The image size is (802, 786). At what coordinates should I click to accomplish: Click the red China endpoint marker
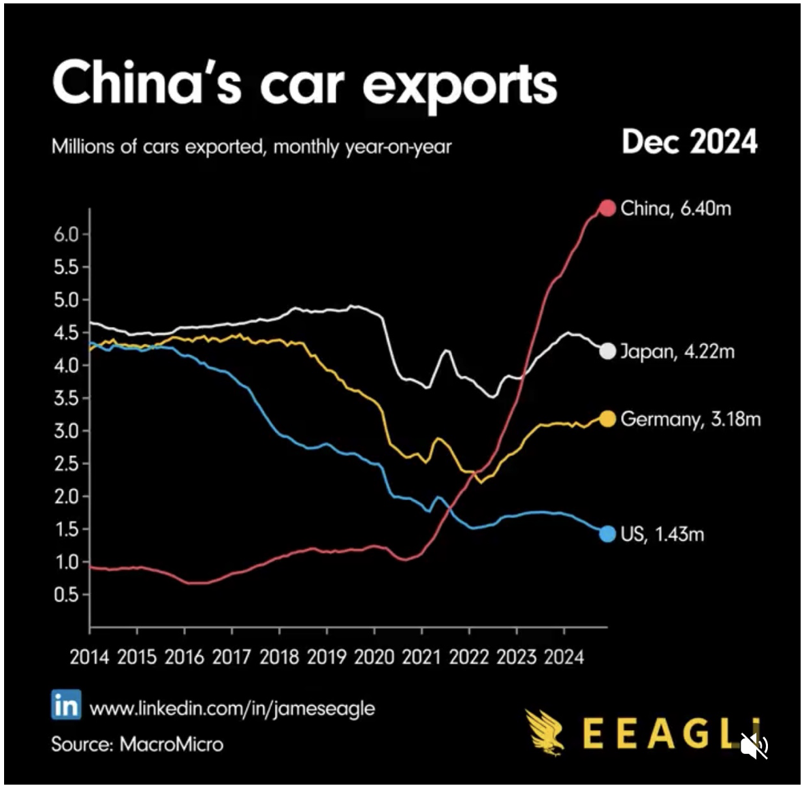point(607,208)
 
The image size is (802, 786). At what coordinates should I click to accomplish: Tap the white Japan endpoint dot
point(607,351)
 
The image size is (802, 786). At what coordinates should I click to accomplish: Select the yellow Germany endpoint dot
point(607,419)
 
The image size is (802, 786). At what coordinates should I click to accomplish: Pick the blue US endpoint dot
point(607,533)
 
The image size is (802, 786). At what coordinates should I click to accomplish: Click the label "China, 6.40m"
point(675,208)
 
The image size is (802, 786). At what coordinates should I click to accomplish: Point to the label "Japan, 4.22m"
point(677,351)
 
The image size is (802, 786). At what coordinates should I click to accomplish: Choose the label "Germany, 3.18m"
point(690,419)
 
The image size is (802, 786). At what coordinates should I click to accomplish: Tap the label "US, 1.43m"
point(662,533)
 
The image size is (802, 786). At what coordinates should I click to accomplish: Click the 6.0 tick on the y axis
point(66,234)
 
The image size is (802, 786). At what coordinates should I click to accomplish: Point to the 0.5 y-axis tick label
point(66,595)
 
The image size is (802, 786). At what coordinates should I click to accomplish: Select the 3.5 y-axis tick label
point(66,398)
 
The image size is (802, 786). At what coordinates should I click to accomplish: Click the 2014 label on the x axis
point(90,657)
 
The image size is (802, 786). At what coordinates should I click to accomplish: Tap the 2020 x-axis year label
point(374,657)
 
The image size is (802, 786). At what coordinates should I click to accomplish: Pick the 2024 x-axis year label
point(563,657)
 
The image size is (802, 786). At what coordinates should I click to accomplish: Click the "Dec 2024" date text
point(689,142)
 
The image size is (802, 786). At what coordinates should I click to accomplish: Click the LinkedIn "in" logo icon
point(66,705)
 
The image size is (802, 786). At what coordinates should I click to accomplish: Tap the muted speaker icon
point(754,746)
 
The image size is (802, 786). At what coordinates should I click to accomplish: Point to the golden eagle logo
point(545,732)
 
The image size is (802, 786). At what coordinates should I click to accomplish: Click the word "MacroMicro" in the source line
point(171,743)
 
